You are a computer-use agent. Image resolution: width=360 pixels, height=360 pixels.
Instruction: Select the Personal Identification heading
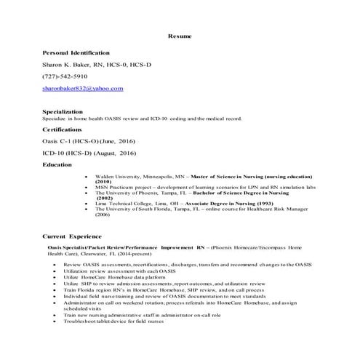(76, 53)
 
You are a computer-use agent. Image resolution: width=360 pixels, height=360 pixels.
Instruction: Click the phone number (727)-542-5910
(65, 76)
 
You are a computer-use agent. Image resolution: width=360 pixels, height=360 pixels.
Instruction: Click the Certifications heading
(67, 129)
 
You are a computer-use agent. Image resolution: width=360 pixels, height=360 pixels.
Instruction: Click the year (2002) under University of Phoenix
(125, 198)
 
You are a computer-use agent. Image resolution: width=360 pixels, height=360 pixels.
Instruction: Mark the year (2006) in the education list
(122, 215)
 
